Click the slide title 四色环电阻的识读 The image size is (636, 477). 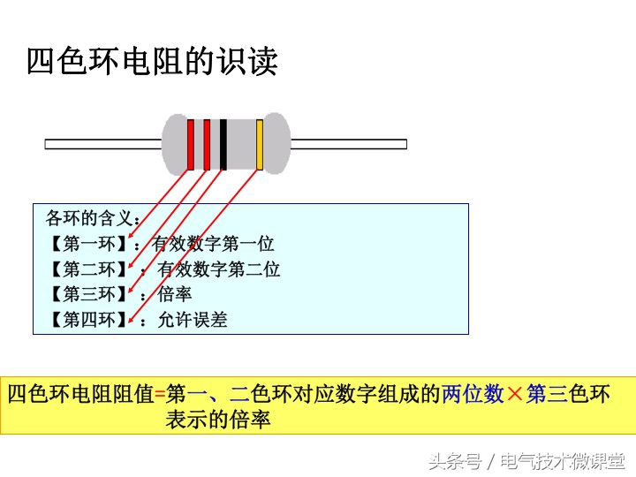click(x=152, y=63)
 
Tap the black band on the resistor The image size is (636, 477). click(x=223, y=144)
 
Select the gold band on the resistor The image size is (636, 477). click(x=260, y=144)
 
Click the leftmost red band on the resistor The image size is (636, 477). click(x=190, y=144)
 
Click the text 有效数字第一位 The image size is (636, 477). click(x=214, y=245)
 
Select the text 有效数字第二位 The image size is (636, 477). click(x=218, y=269)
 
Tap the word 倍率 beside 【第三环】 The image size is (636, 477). click(x=175, y=294)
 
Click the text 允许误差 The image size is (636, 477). click(x=193, y=320)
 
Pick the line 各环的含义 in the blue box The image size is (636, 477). click(x=91, y=218)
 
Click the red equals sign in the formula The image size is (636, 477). click(x=159, y=394)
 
